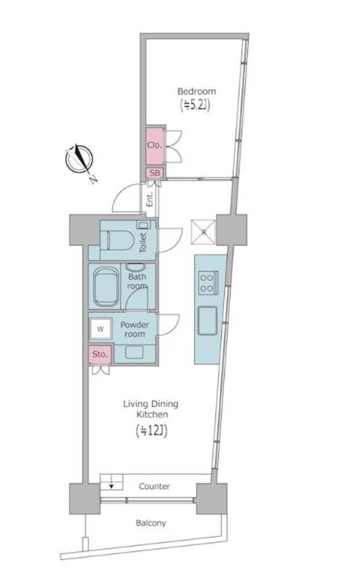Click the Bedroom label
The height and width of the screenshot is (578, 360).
pyautogui.click(x=197, y=92)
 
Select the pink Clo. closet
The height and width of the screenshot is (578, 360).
pyautogui.click(x=155, y=146)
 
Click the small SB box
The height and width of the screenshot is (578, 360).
pyautogui.click(x=155, y=173)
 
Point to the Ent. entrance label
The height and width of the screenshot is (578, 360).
pyautogui.click(x=150, y=199)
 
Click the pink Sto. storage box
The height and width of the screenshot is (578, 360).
pyautogui.click(x=100, y=355)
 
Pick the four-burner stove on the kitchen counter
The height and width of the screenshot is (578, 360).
pyautogui.click(x=208, y=282)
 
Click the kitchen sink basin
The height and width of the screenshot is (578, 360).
pyautogui.click(x=207, y=321)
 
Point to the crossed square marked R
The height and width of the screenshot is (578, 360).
pyautogui.click(x=203, y=232)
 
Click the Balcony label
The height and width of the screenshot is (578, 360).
pyautogui.click(x=150, y=523)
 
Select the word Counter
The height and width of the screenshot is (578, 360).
pyautogui.click(x=154, y=486)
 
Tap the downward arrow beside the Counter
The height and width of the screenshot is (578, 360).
pyautogui.click(x=111, y=486)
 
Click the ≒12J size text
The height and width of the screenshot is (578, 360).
pyautogui.click(x=151, y=431)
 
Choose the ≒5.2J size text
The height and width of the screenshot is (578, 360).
pyautogui.click(x=194, y=105)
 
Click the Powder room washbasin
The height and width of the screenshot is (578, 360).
pyautogui.click(x=134, y=352)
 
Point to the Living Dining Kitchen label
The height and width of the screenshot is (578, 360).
pyautogui.click(x=151, y=409)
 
